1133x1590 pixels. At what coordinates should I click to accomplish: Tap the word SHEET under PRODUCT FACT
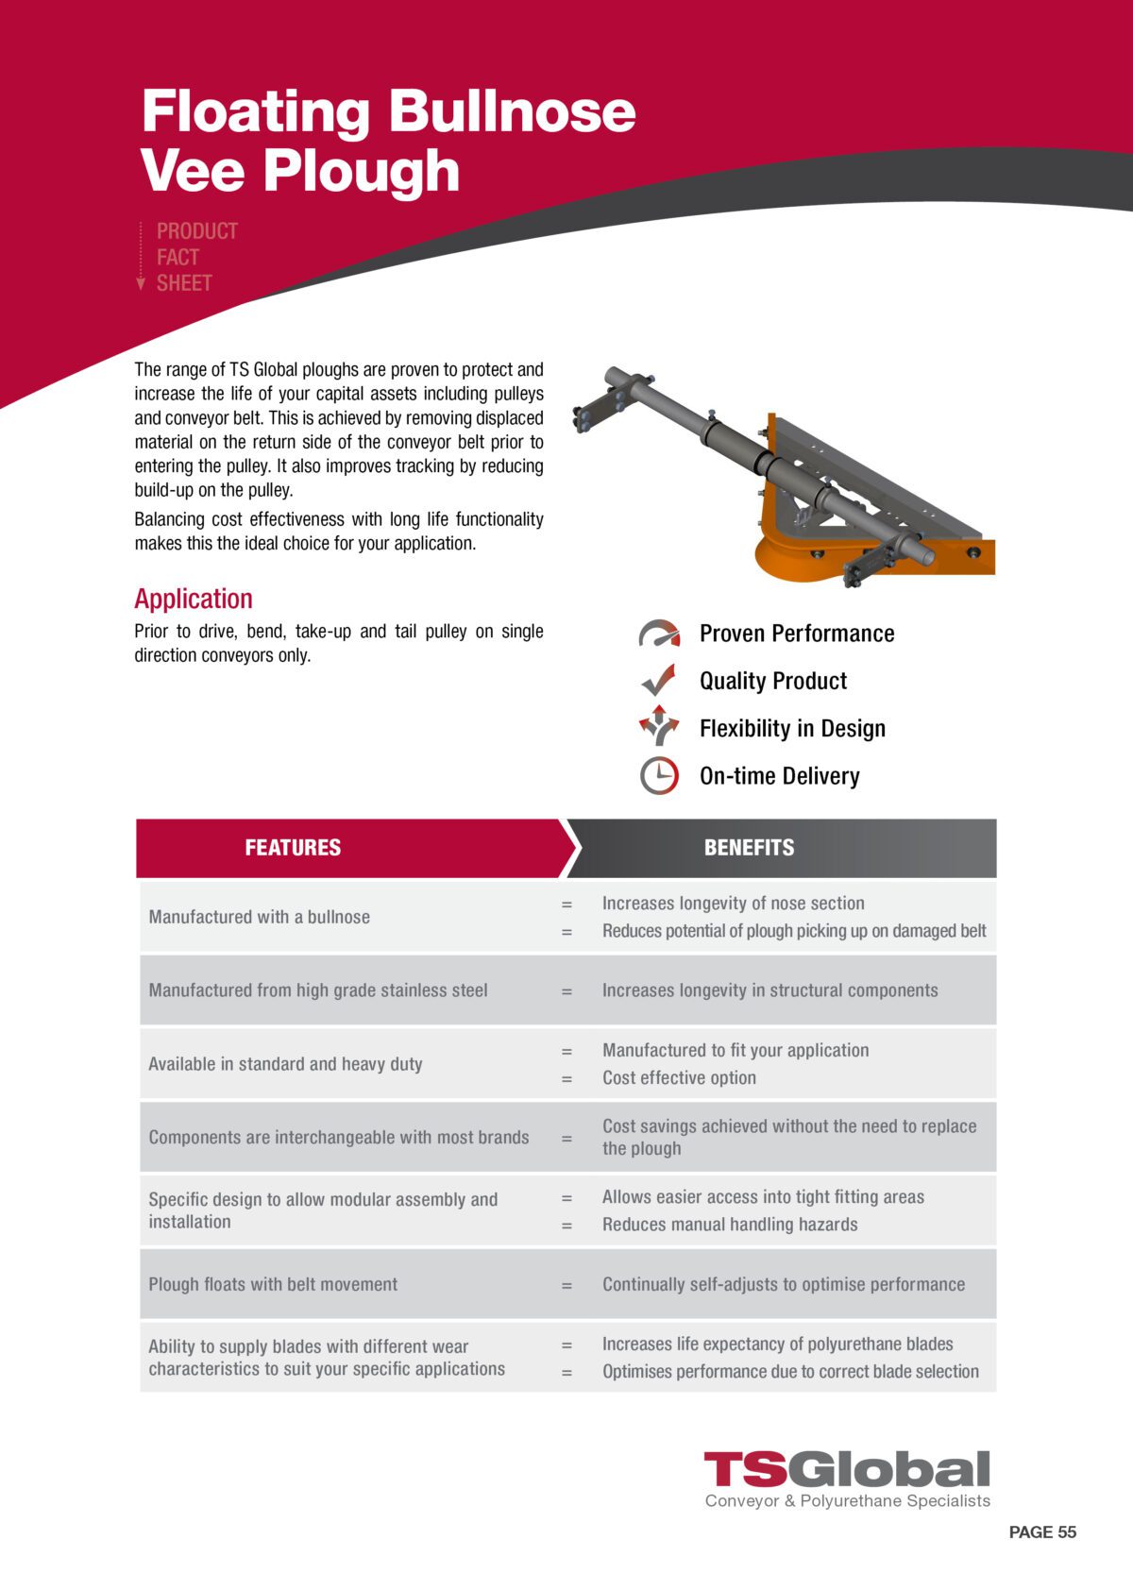pos(184,283)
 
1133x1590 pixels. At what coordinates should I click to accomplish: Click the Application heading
pos(194,599)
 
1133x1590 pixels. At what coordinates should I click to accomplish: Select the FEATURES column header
pos(293,848)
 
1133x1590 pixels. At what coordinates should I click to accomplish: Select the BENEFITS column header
pos(749,848)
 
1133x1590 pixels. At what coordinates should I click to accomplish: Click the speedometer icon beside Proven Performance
pos(659,634)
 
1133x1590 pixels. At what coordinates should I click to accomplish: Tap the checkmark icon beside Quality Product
pos(658,681)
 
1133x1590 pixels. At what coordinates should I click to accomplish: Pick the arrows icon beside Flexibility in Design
pos(659,726)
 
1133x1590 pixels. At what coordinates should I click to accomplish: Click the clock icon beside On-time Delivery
pos(659,776)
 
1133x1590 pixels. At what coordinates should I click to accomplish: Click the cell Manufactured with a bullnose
pos(260,917)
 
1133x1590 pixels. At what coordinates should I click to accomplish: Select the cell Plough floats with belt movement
pos(273,1284)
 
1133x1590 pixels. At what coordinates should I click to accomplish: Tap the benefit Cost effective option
pos(679,1078)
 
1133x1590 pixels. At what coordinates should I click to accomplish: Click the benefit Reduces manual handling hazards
pos(730,1225)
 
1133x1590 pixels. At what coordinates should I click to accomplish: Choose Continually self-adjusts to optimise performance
pos(784,1284)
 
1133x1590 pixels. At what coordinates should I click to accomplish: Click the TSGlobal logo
pos(847,1470)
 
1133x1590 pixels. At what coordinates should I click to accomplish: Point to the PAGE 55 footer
pos(1041,1532)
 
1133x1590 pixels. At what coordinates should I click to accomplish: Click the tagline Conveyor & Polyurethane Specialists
pos(847,1501)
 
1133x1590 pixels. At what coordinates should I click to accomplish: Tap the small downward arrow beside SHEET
pos(141,283)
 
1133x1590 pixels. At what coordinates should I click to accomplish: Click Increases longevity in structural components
pos(769,990)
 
